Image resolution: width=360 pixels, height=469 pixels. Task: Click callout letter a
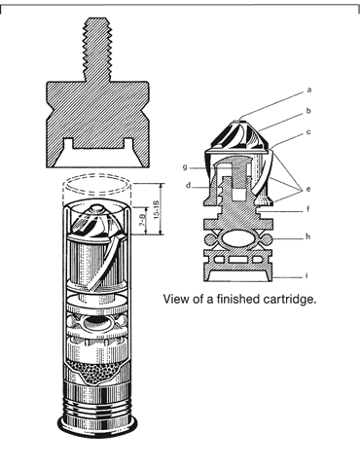coord(309,90)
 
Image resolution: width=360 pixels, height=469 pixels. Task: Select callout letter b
coord(308,111)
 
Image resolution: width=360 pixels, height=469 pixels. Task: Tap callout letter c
coord(308,132)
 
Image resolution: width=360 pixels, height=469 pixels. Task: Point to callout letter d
coord(188,185)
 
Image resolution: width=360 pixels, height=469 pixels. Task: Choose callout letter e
coord(308,189)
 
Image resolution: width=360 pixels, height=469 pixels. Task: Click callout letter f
coord(308,209)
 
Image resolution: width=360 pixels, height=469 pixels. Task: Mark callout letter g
coord(185,167)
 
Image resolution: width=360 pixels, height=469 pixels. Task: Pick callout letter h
coord(307,236)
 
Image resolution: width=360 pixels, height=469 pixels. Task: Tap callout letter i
coord(306,275)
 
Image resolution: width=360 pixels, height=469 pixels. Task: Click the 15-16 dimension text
coord(157,209)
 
